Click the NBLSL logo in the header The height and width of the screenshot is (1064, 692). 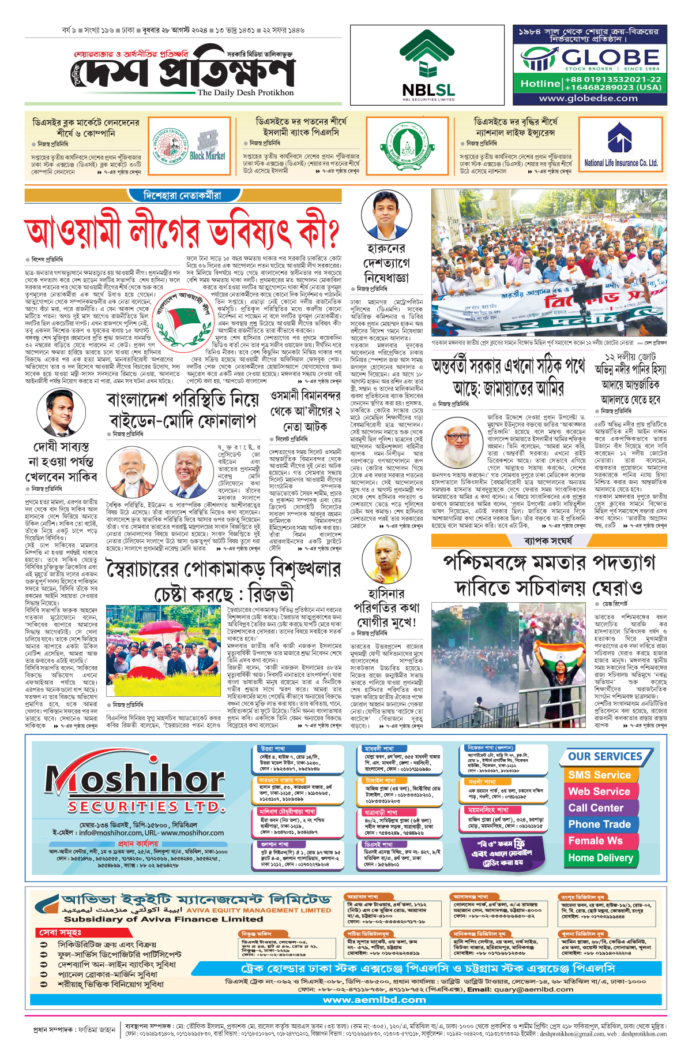click(428, 65)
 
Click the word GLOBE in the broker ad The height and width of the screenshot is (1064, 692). click(610, 57)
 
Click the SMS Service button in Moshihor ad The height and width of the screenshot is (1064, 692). click(599, 775)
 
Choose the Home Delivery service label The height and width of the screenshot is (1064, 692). click(600, 858)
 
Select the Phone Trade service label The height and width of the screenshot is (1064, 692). click(599, 824)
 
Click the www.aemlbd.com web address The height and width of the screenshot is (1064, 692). click(374, 1000)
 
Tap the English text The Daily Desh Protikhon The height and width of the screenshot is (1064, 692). click(246, 92)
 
